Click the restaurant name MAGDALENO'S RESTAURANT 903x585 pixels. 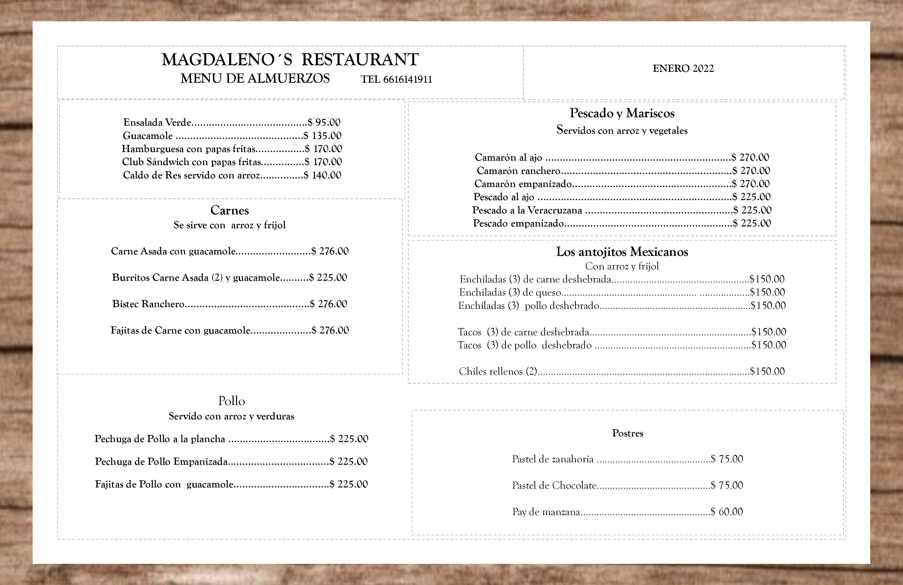tap(290, 60)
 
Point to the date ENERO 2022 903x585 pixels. tap(683, 68)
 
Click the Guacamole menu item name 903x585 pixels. tap(148, 136)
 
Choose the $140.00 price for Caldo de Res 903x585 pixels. tap(322, 175)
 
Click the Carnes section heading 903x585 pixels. tap(229, 210)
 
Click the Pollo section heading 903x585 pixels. tap(231, 401)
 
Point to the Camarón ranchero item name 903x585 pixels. tap(518, 171)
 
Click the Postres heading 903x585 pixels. tap(627, 433)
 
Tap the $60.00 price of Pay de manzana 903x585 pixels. tap(727, 512)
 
